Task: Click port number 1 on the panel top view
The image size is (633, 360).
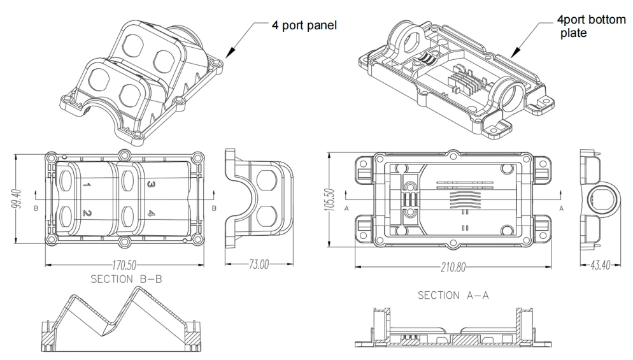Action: [87, 185]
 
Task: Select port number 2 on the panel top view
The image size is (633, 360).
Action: [86, 213]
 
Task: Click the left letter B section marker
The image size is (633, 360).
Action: [36, 208]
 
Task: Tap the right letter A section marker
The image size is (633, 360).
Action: [561, 208]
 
